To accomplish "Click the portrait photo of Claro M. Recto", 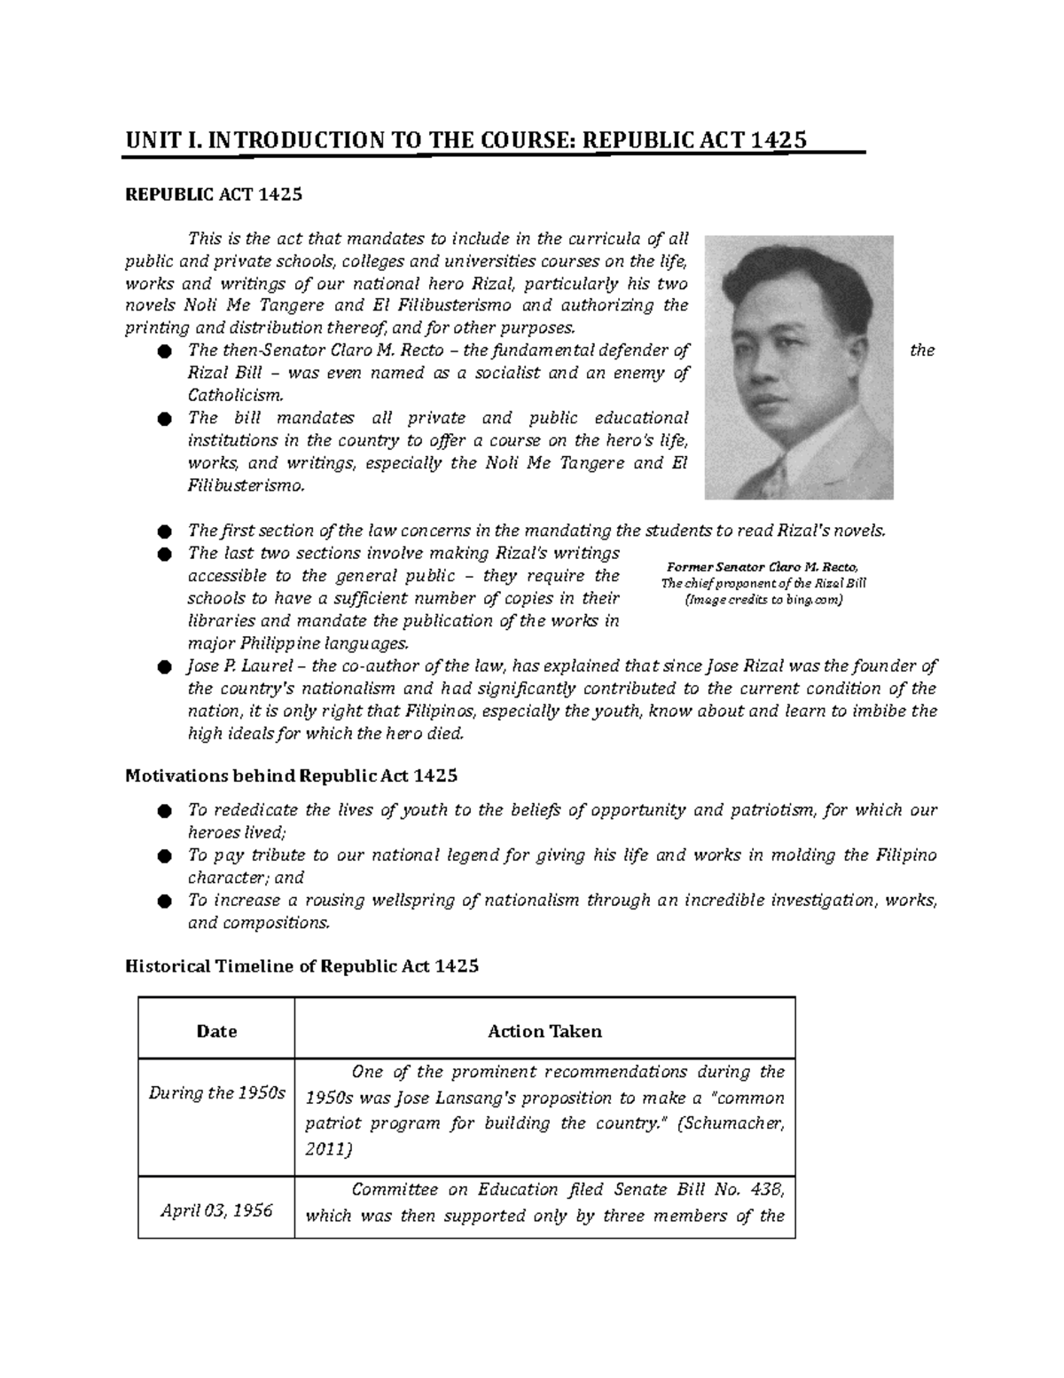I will click(x=799, y=367).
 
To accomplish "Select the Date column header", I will click(x=216, y=1031).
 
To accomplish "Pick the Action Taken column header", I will click(x=544, y=1031).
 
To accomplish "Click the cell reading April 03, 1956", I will click(x=216, y=1210).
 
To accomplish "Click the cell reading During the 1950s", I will click(x=216, y=1093).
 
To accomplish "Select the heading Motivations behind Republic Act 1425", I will click(x=292, y=776).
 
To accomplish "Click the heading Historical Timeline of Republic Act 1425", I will click(x=301, y=966).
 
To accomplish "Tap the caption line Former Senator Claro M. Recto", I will click(x=763, y=567).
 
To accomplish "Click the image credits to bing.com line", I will click(x=763, y=600).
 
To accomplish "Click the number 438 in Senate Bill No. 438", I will click(x=765, y=1190).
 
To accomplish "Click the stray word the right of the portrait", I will click(x=922, y=350).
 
